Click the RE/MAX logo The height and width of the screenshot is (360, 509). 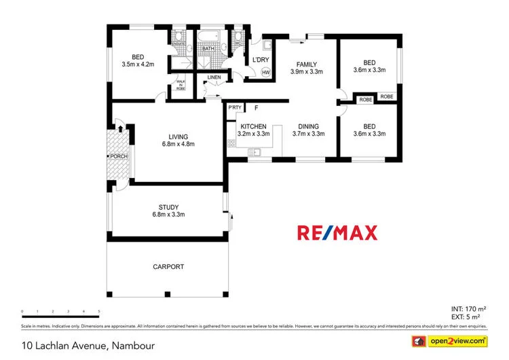point(337,233)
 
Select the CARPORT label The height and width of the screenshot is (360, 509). point(168,267)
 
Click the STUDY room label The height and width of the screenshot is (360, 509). point(168,207)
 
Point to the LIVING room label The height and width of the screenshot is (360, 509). point(178,137)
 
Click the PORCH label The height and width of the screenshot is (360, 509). point(120,157)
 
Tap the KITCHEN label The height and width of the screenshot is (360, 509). point(252,126)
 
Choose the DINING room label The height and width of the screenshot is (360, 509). point(308,126)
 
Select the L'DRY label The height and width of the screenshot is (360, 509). point(261,60)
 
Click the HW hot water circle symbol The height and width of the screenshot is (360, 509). point(265,73)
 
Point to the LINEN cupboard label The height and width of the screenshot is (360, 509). point(214,77)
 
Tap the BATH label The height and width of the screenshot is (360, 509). point(208,48)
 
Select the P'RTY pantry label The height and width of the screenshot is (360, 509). point(235,108)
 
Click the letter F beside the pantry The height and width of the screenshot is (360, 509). point(256,108)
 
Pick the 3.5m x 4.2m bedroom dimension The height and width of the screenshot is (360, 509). point(138,65)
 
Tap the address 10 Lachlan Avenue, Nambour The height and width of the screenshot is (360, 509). point(88,346)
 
